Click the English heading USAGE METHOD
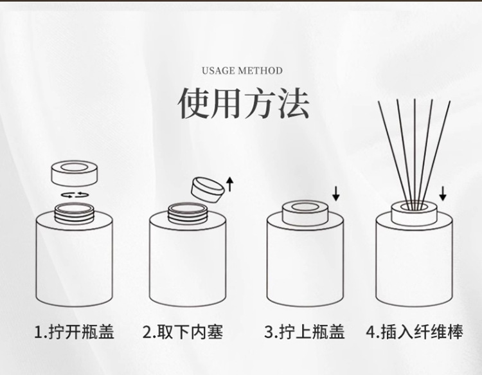(x=242, y=71)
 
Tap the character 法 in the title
(x=293, y=103)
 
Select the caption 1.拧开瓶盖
(x=74, y=332)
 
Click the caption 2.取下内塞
(x=183, y=332)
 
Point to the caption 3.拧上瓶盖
(x=305, y=332)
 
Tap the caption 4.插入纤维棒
(x=415, y=332)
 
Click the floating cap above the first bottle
(x=74, y=173)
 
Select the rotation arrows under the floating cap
(x=74, y=195)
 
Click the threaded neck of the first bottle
(x=74, y=213)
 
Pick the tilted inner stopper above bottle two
(x=208, y=190)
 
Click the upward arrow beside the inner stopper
(x=229, y=184)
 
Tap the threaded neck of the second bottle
(x=188, y=213)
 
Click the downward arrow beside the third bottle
(x=336, y=194)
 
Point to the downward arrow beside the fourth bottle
(x=443, y=194)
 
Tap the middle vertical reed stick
(x=415, y=154)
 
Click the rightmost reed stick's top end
(x=449, y=101)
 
